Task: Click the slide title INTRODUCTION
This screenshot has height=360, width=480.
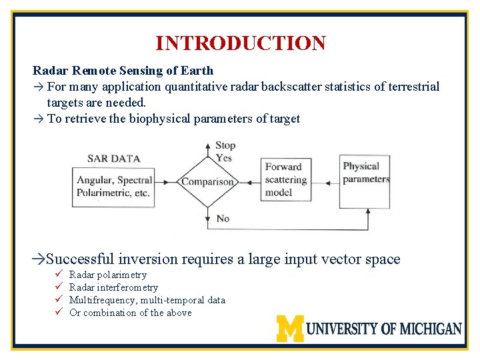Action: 240,43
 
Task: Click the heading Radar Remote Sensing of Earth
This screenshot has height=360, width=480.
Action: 123,71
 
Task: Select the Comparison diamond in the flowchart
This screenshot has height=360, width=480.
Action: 207,181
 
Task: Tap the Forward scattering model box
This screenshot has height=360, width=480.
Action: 286,179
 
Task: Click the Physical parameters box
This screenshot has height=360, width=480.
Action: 365,173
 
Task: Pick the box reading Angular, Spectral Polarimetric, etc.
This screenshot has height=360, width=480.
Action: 114,187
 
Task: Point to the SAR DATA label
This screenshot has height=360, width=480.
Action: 113,159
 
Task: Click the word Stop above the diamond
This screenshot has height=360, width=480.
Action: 225,145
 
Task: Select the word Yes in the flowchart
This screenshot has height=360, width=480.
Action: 223,157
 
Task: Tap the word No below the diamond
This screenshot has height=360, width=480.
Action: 223,218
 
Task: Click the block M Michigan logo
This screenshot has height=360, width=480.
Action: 290,328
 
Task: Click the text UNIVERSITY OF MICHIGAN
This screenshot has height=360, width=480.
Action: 384,329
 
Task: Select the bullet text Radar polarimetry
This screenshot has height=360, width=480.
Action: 107,275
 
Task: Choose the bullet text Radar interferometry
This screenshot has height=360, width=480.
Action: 113,287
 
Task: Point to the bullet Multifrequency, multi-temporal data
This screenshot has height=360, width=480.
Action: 147,300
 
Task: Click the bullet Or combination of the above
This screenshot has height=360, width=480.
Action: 130,313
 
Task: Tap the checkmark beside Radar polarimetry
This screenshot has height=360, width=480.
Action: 58,275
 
